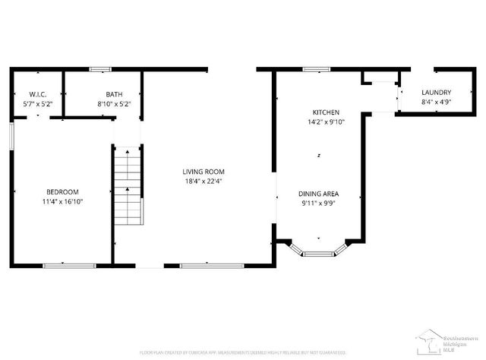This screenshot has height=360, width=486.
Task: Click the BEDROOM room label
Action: (62, 192)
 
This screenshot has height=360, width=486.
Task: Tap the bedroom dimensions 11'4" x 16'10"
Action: (62, 202)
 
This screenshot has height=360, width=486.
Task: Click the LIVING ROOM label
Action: (203, 172)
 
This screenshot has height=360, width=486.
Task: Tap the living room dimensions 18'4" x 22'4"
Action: (203, 182)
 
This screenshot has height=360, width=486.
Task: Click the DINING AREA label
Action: (318, 194)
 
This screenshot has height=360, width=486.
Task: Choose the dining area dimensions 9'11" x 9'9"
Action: (318, 204)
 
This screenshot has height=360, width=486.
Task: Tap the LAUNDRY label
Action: (437, 92)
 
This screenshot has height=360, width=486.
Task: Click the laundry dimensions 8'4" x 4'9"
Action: (437, 102)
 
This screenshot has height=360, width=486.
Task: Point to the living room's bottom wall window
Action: (212, 265)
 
